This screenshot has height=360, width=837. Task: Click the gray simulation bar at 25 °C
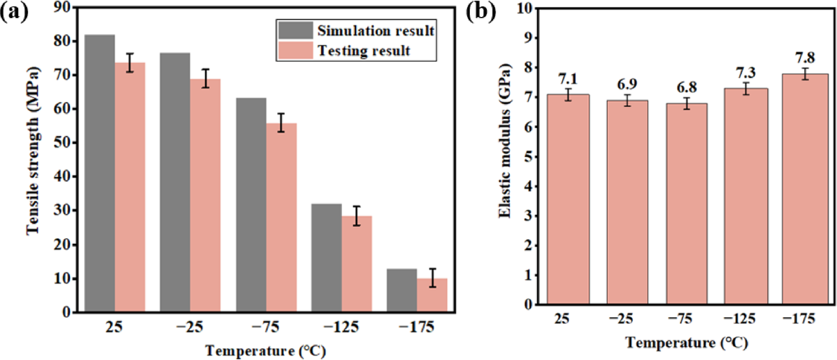pos(100,173)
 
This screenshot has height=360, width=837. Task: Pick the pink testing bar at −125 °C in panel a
pos(356,264)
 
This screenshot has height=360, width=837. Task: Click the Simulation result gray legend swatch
pos(295,30)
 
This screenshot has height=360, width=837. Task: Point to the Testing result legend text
pos(364,51)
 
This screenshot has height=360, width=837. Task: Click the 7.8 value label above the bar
pos(805,58)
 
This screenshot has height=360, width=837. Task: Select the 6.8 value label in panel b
pos(686,87)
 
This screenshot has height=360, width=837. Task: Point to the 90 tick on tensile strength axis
pos(62,7)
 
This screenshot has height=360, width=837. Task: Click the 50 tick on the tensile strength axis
pos(62,143)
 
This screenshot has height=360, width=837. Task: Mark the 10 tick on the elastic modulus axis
pos(524,9)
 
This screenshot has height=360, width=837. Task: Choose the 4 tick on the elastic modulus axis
pos(528,186)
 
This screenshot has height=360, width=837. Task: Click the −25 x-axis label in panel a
pos(190,326)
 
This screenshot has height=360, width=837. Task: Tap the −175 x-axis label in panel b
pos(799,318)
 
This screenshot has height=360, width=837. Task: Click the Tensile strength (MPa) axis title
pos(33,150)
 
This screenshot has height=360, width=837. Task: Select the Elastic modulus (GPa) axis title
pos(504,141)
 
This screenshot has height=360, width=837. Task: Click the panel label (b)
pos(481,11)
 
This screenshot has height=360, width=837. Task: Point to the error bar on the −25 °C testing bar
pos(206,78)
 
